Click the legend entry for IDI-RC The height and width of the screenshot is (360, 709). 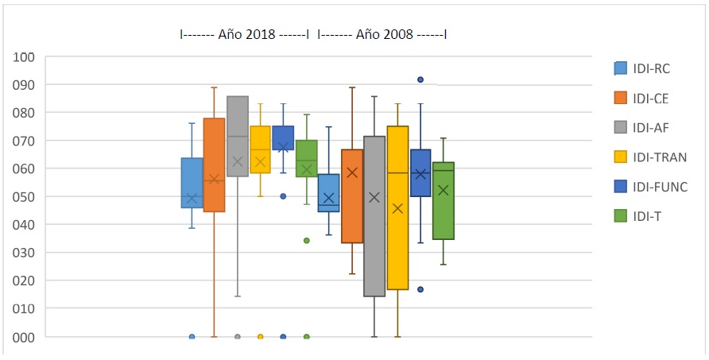click(651, 68)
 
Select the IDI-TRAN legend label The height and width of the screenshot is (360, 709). click(660, 157)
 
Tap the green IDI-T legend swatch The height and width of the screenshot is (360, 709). click(621, 216)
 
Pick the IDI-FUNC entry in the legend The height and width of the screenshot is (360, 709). click(661, 187)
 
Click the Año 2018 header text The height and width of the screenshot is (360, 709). click(246, 35)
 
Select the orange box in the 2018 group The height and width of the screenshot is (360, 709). click(214, 165)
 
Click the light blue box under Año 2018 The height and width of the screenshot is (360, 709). click(192, 183)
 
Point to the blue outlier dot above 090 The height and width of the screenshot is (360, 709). click(420, 79)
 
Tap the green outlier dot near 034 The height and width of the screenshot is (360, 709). click(307, 240)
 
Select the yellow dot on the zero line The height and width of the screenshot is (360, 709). click(261, 337)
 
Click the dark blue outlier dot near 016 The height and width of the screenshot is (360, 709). click(420, 289)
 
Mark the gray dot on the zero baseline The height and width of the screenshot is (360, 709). click(238, 337)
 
